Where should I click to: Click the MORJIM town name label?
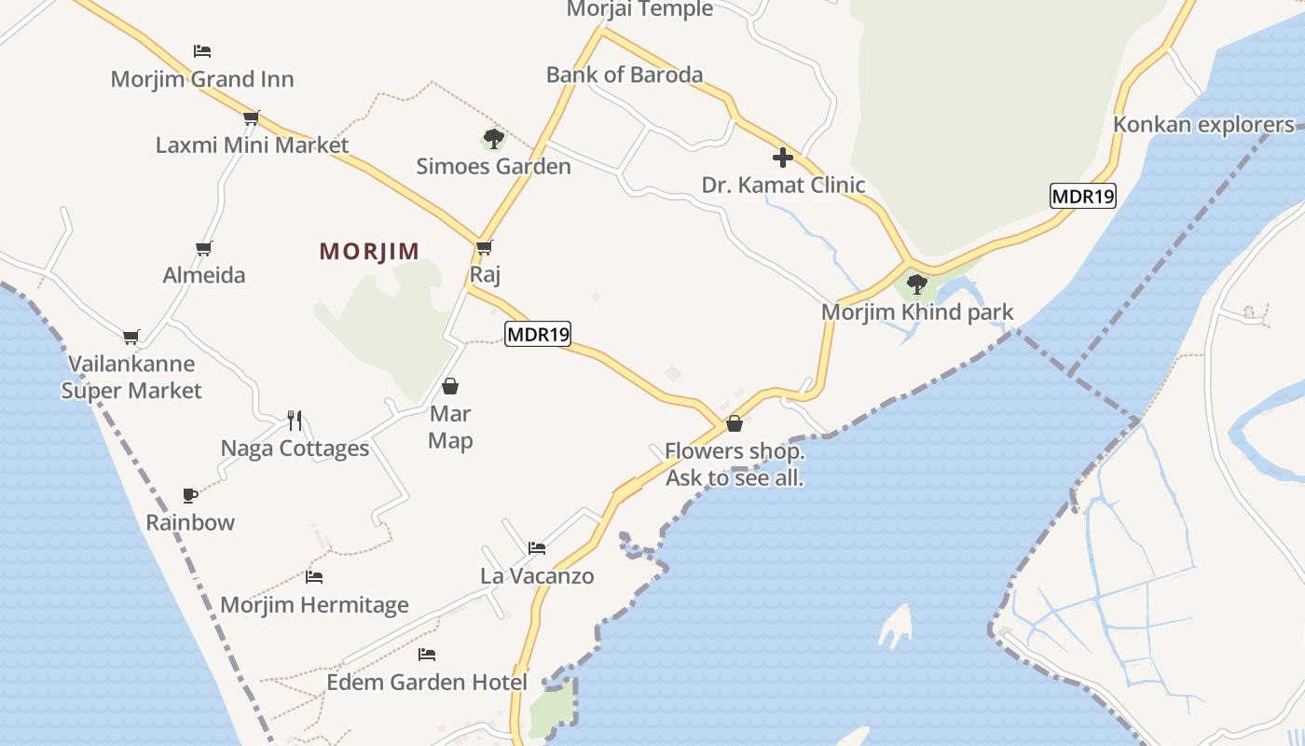click(x=369, y=251)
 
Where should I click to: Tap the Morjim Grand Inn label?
click(x=202, y=79)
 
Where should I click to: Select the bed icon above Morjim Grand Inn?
click(x=202, y=50)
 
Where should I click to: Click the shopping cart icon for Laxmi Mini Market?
click(x=251, y=117)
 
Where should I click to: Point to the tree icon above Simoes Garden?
click(x=493, y=139)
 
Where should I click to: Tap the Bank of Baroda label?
click(x=625, y=75)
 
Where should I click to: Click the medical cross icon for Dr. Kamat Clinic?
click(x=783, y=157)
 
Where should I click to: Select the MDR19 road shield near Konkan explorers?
click(x=1083, y=196)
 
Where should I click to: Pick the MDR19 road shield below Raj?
click(x=538, y=334)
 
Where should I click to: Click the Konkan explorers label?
click(x=1204, y=125)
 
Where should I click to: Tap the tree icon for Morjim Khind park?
click(x=917, y=283)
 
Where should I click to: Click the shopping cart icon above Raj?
click(x=484, y=247)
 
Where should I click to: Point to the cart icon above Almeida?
click(x=204, y=248)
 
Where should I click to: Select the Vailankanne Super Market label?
click(x=131, y=377)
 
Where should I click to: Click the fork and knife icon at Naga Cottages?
click(x=295, y=420)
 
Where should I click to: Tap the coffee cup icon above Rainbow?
click(x=190, y=494)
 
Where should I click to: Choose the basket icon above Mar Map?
click(x=450, y=386)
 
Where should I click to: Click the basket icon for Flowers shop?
click(x=735, y=423)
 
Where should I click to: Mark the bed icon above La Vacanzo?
click(x=537, y=547)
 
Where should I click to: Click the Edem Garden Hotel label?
click(x=427, y=683)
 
